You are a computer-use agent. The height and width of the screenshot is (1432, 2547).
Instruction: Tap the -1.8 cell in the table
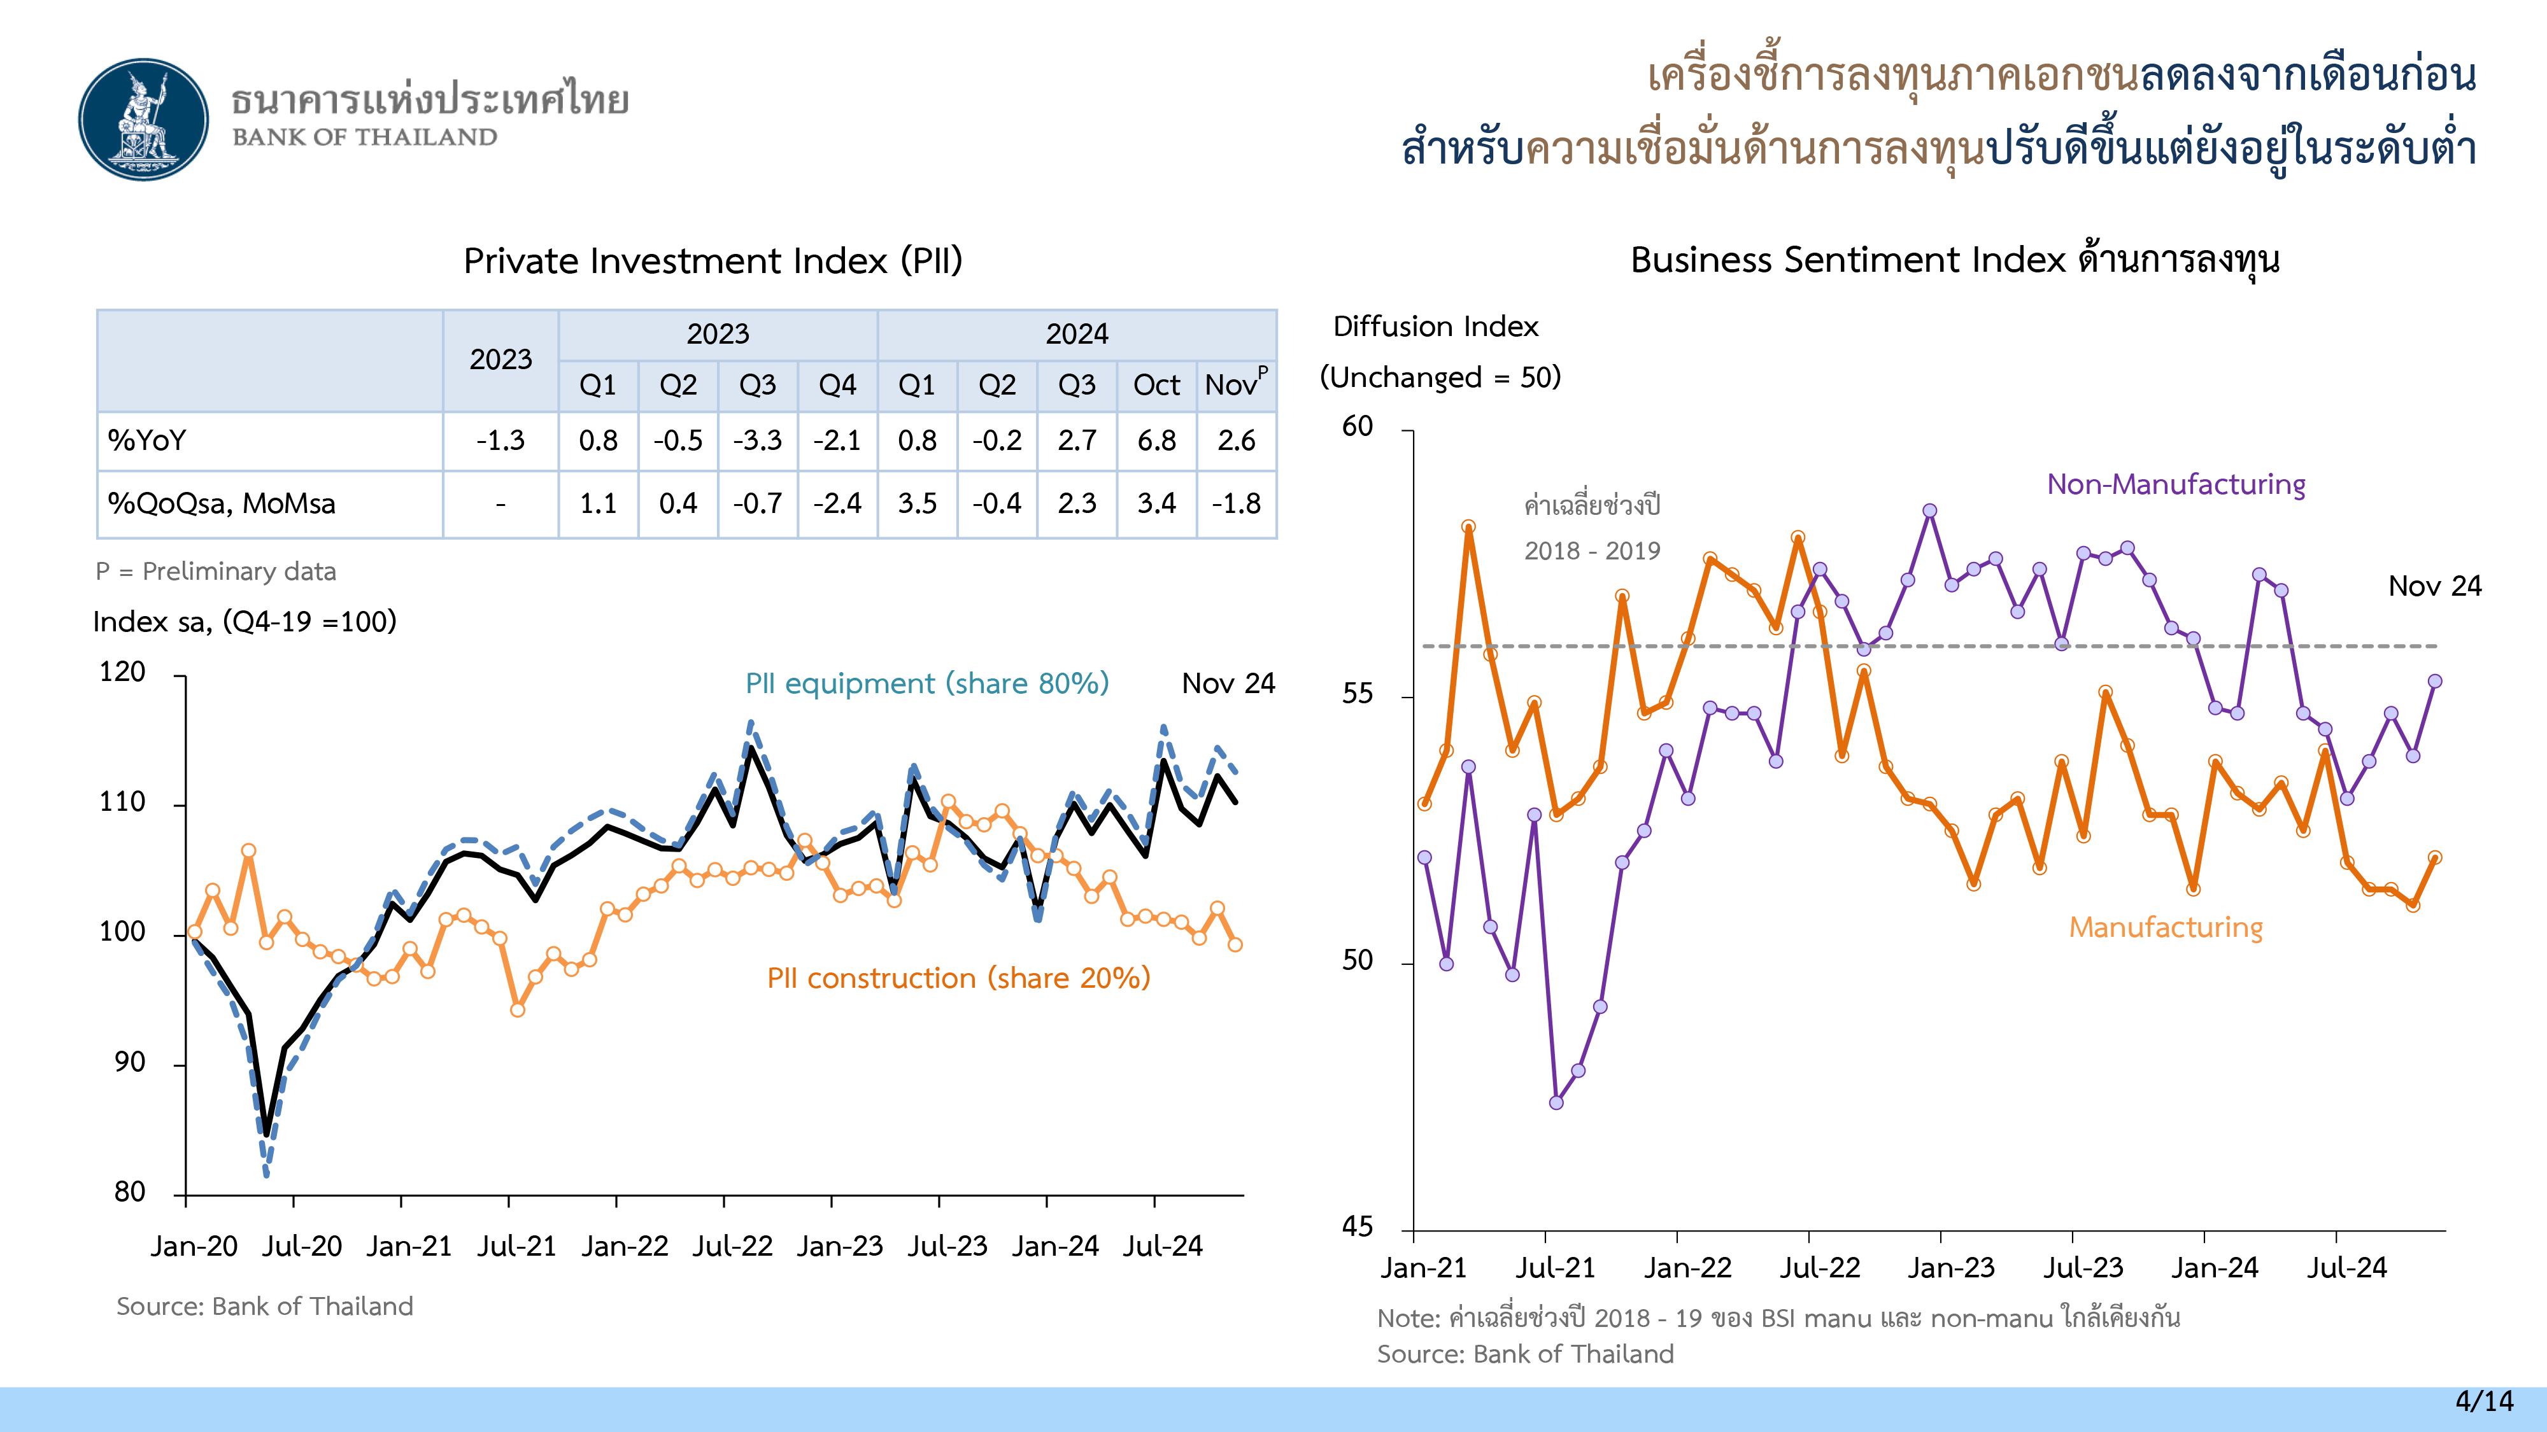click(x=1236, y=504)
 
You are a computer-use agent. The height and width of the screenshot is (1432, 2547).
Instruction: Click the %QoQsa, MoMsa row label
click(x=222, y=504)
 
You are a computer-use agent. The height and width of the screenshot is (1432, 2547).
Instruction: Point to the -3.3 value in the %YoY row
click(x=757, y=441)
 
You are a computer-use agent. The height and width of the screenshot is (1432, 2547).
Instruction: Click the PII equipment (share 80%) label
click(x=926, y=684)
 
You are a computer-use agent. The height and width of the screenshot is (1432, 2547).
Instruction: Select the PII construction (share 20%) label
click(x=958, y=978)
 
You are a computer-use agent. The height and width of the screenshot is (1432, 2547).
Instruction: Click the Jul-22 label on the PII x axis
click(x=732, y=1246)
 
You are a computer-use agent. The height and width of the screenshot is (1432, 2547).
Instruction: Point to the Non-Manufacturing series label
click(x=2175, y=484)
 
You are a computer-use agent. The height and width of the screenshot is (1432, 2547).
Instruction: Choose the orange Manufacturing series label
click(x=2166, y=928)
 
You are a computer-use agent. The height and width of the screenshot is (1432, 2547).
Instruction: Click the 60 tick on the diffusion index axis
click(x=1358, y=427)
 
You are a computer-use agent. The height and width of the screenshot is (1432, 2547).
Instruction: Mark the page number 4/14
click(x=2484, y=1401)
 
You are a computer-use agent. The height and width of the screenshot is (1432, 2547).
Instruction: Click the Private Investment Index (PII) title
click(x=713, y=261)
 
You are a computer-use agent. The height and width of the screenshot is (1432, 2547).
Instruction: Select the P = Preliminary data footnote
click(x=216, y=572)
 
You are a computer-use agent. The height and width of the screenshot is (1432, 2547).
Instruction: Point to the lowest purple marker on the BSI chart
click(x=1556, y=1102)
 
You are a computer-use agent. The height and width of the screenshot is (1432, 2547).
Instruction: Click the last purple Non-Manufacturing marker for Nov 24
click(x=2434, y=681)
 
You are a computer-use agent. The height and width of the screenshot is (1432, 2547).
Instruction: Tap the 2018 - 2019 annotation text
click(x=1592, y=551)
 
